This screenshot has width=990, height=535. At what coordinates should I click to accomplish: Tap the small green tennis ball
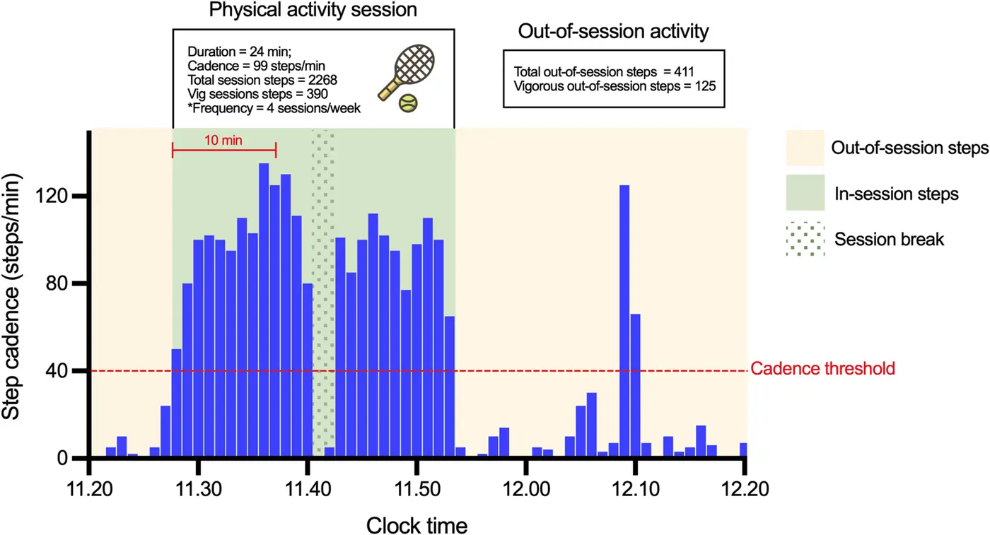click(407, 104)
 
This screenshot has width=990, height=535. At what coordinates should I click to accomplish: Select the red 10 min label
click(223, 140)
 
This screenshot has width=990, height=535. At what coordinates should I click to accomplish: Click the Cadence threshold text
click(823, 368)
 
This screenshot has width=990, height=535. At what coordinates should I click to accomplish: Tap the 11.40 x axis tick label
click(307, 488)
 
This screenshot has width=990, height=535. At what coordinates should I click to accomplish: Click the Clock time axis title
click(417, 525)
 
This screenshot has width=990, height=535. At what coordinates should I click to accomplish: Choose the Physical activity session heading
click(313, 11)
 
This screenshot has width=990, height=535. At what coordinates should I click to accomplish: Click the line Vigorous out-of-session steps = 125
click(615, 86)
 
